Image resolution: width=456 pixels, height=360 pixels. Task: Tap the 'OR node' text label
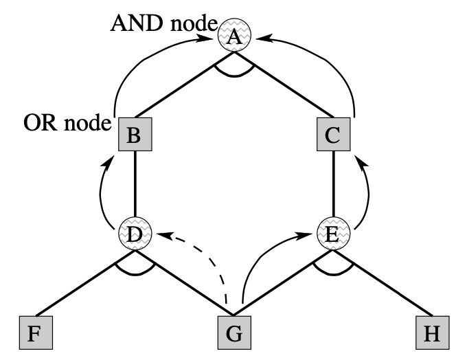pos(67,124)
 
